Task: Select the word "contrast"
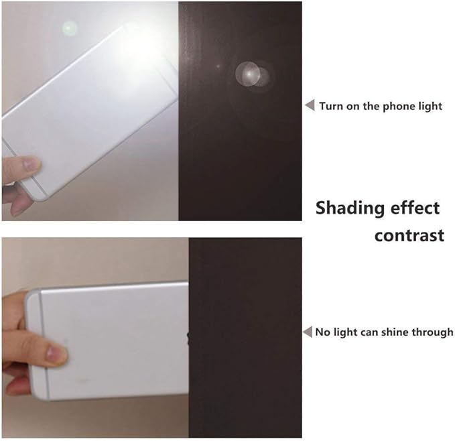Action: coord(409,236)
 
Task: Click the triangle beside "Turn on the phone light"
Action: coord(310,105)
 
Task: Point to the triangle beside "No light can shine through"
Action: coord(308,332)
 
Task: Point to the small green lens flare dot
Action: coord(69,28)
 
